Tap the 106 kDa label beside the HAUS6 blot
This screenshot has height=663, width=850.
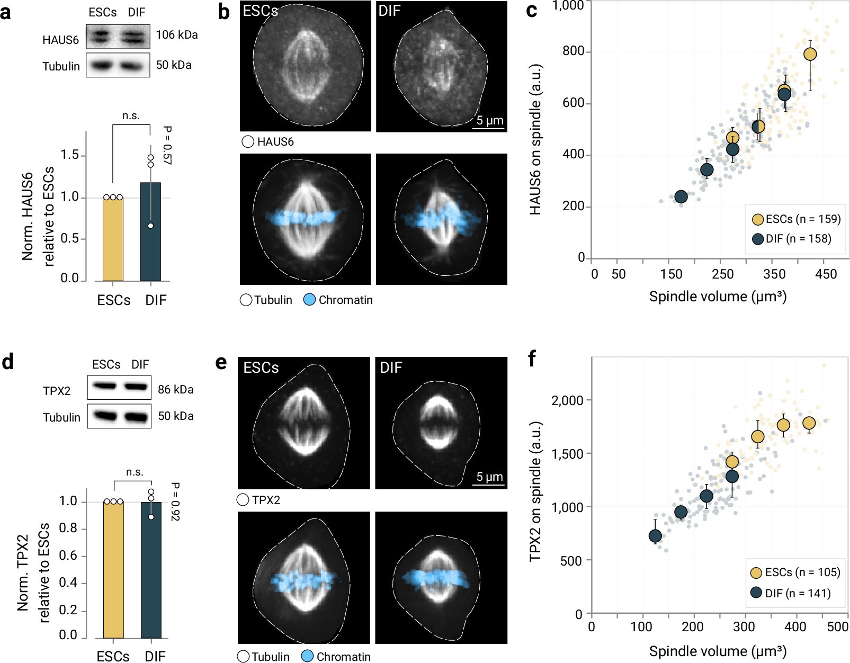pyautogui.click(x=177, y=35)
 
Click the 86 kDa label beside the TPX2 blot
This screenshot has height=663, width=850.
pyautogui.click(x=176, y=390)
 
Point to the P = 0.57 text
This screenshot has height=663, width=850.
pyautogui.click(x=167, y=145)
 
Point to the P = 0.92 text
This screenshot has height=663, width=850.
pyautogui.click(x=175, y=501)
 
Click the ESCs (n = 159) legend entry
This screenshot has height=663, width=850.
pyautogui.click(x=796, y=219)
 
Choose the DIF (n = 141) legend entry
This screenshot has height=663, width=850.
pyautogui.click(x=791, y=593)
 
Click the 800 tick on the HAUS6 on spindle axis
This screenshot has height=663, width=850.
pyautogui.click(x=574, y=51)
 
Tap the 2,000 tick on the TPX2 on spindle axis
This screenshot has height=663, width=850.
pyautogui.click(x=567, y=400)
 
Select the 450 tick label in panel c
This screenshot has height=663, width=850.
pyautogui.click(x=826, y=274)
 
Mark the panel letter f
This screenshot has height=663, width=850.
pyautogui.click(x=532, y=359)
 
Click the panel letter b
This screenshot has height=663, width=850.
pyautogui.click(x=223, y=12)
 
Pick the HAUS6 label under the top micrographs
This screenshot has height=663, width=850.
pyautogui.click(x=275, y=142)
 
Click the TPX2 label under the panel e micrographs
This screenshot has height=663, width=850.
pyautogui.click(x=266, y=500)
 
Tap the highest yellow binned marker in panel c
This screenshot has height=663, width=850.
pyautogui.click(x=810, y=54)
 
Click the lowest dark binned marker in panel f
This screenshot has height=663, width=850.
pyautogui.click(x=655, y=536)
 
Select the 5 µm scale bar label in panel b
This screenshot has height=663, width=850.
pyautogui.click(x=489, y=120)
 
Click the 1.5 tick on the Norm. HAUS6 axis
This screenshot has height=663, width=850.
pyautogui.click(x=70, y=155)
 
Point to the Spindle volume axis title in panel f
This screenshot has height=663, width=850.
pyautogui.click(x=718, y=651)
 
